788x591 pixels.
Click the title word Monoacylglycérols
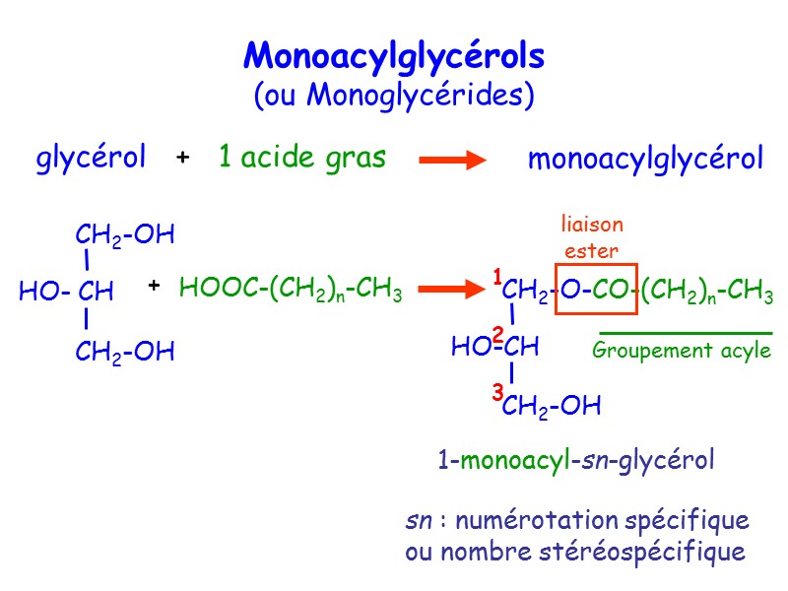[393, 56]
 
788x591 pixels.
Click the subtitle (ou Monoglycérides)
[393, 95]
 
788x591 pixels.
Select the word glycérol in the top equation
[92, 158]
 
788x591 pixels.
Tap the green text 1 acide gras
[301, 158]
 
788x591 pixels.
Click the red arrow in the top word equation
[453, 160]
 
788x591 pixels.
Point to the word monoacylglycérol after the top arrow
[645, 159]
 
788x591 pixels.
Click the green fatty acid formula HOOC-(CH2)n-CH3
[291, 290]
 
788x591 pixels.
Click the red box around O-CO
[597, 290]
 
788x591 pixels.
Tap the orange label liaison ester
[591, 237]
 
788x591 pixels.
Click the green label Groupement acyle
[682, 351]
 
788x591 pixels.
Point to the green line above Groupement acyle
[686, 333]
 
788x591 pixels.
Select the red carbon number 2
[497, 334]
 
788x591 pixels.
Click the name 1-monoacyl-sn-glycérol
[576, 460]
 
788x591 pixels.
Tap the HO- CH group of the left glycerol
[66, 292]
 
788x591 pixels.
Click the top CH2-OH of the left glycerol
[124, 235]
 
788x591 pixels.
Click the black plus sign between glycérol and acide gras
[182, 159]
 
